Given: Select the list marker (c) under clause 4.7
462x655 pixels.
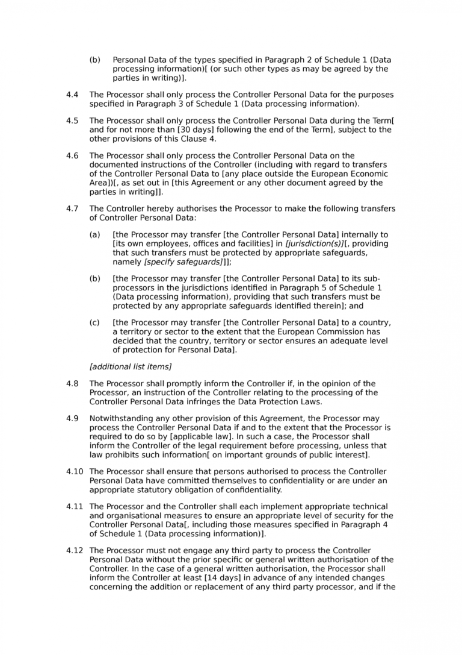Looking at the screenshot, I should pyautogui.click(x=94, y=322).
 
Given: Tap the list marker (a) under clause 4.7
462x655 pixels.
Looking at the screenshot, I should pyautogui.click(x=94, y=234).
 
